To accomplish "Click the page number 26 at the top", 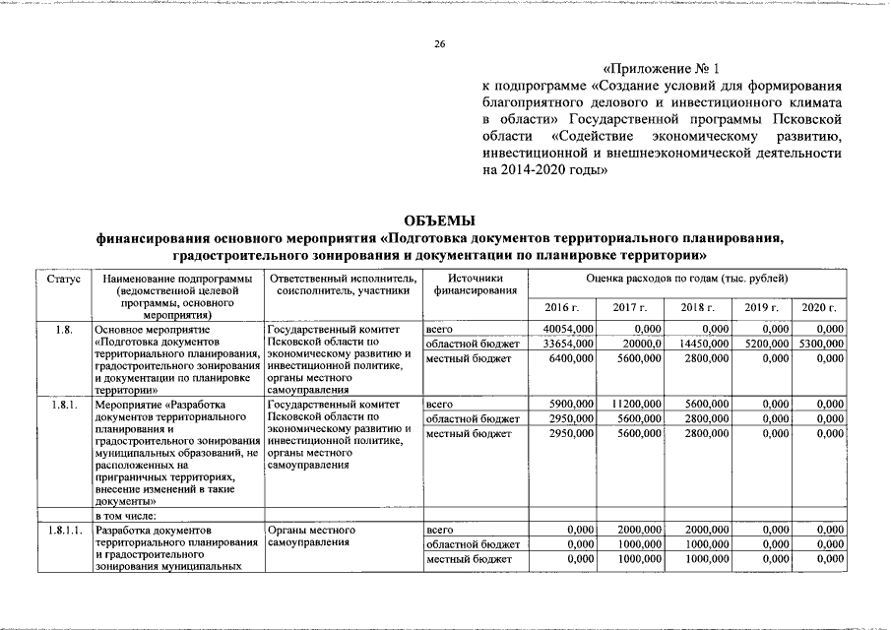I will pos(441,44).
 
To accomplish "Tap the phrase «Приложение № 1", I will pos(661,71).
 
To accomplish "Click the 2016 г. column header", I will pos(562,308).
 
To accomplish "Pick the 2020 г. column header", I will pos(818,308).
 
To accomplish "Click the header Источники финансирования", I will pos(474,284).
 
